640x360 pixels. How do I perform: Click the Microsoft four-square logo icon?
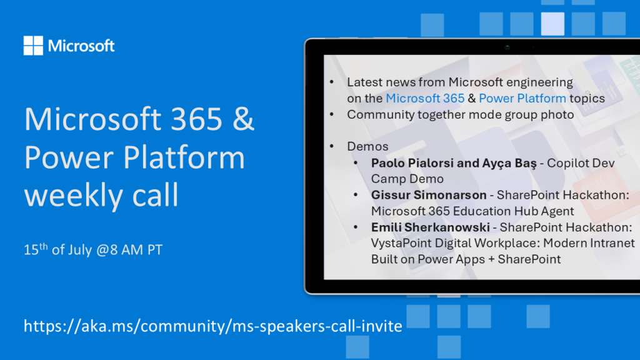33,45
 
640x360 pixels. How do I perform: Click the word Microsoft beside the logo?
81,46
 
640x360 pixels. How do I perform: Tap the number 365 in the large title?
196,119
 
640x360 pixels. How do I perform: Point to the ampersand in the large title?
244,119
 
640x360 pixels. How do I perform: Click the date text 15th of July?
57,249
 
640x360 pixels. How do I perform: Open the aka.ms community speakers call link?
212,326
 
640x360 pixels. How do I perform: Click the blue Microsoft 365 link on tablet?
425,98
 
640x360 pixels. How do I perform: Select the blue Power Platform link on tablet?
522,98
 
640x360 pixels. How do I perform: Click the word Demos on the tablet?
367,146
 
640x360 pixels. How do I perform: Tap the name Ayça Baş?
509,163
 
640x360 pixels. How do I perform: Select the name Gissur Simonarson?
429,195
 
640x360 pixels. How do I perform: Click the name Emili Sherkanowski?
430,227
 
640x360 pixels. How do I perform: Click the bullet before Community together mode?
332,115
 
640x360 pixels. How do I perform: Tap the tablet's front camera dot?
507,47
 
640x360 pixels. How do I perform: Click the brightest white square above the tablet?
552,24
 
